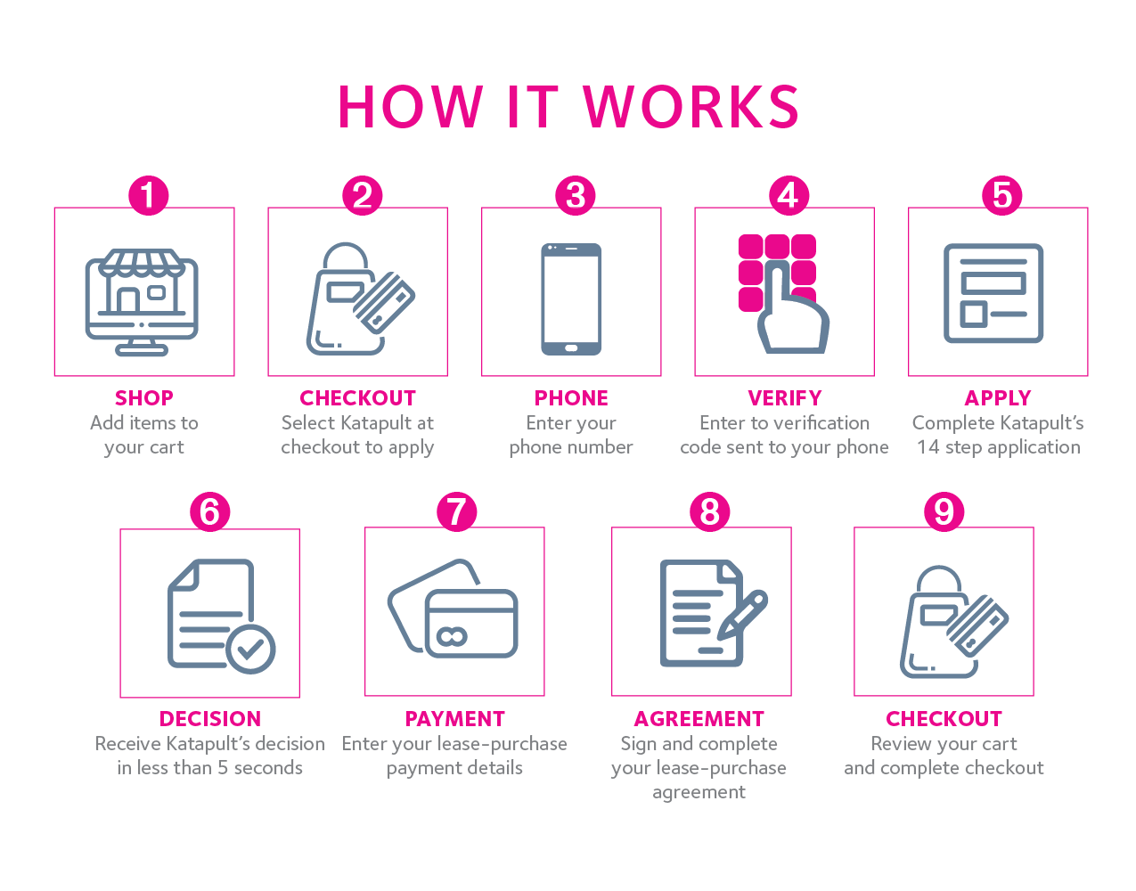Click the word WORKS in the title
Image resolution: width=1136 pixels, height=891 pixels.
tap(691, 108)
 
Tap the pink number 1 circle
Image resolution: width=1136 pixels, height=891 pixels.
tap(148, 195)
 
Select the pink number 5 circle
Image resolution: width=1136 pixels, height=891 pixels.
tap(1002, 195)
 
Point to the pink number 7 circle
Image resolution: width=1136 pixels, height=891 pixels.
tap(456, 512)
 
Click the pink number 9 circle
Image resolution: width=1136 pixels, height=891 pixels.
tap(944, 512)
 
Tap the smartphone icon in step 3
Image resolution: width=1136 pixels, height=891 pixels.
tap(571, 298)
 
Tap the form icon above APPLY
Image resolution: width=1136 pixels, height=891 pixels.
tap(993, 293)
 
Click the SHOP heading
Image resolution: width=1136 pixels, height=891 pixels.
tap(143, 398)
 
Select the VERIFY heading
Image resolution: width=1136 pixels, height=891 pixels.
tap(785, 398)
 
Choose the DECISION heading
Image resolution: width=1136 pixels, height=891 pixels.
tap(210, 719)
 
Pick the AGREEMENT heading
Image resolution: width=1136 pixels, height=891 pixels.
tap(699, 719)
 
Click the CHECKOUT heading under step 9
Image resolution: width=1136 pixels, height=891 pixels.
tap(944, 719)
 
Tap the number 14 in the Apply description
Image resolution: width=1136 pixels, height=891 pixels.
tap(928, 447)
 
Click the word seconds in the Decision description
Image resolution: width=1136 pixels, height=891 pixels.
tap(268, 768)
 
